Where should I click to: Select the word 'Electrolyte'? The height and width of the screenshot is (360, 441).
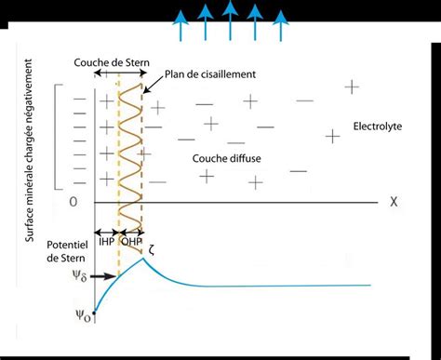point(379,125)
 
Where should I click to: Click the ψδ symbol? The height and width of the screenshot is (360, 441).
point(80,276)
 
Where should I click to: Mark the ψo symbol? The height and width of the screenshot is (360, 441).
point(83,316)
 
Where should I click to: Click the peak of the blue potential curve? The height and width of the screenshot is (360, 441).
point(141,259)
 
